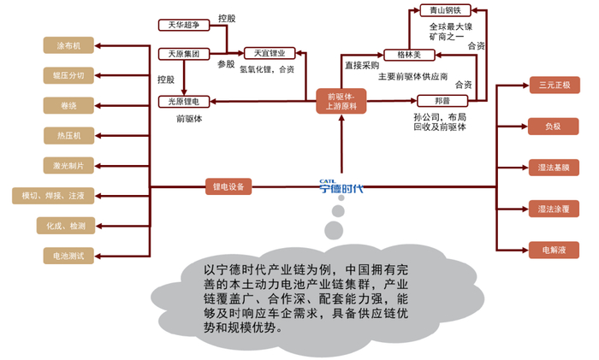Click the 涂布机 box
point(68,44)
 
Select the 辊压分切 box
point(68,75)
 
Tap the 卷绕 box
point(68,105)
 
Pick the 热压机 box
point(68,135)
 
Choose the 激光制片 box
point(68,165)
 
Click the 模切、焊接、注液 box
point(53,196)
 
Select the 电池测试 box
point(68,256)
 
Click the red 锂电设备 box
point(228,186)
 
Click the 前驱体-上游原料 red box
point(340,100)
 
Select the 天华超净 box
point(183,25)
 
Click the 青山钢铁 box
point(444,10)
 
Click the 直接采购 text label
point(361,64)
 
